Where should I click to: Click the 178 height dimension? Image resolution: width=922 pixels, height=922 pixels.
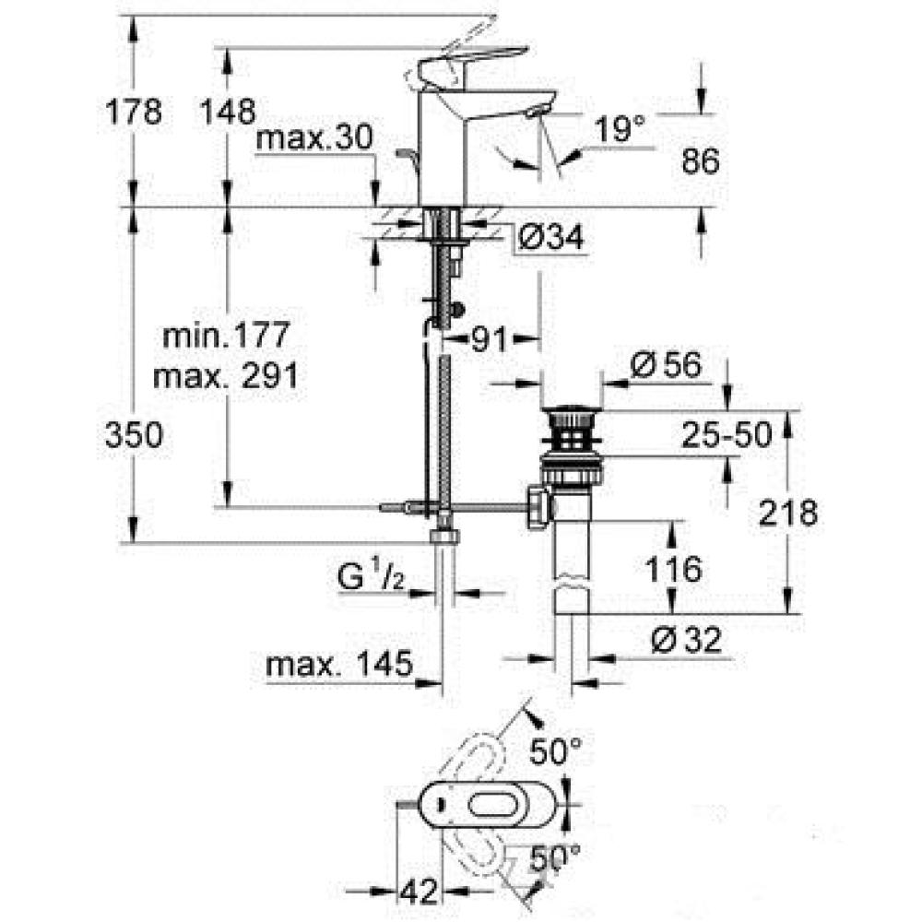[134, 112]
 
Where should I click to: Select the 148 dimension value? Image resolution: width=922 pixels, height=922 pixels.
[228, 112]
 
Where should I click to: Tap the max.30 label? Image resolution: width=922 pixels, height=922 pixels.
[314, 138]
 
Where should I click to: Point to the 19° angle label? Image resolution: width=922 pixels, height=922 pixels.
[620, 128]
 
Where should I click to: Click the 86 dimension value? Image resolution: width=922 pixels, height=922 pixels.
[701, 160]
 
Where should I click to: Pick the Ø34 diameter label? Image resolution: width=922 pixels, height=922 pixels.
[551, 238]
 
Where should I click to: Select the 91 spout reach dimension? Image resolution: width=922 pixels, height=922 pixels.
[490, 339]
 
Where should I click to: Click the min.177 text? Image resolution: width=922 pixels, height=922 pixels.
[227, 335]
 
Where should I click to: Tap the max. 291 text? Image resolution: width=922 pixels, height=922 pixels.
[226, 376]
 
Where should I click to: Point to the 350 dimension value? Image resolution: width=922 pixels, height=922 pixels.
[134, 436]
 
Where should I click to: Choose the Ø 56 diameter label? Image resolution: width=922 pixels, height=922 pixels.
[667, 365]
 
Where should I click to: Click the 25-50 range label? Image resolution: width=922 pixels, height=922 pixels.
[727, 435]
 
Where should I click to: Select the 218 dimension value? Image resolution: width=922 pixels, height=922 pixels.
[788, 513]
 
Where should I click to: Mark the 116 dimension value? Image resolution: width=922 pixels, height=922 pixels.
[673, 569]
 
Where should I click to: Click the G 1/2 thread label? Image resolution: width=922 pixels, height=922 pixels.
[371, 577]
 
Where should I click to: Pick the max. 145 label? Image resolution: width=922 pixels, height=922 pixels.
[339, 665]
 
